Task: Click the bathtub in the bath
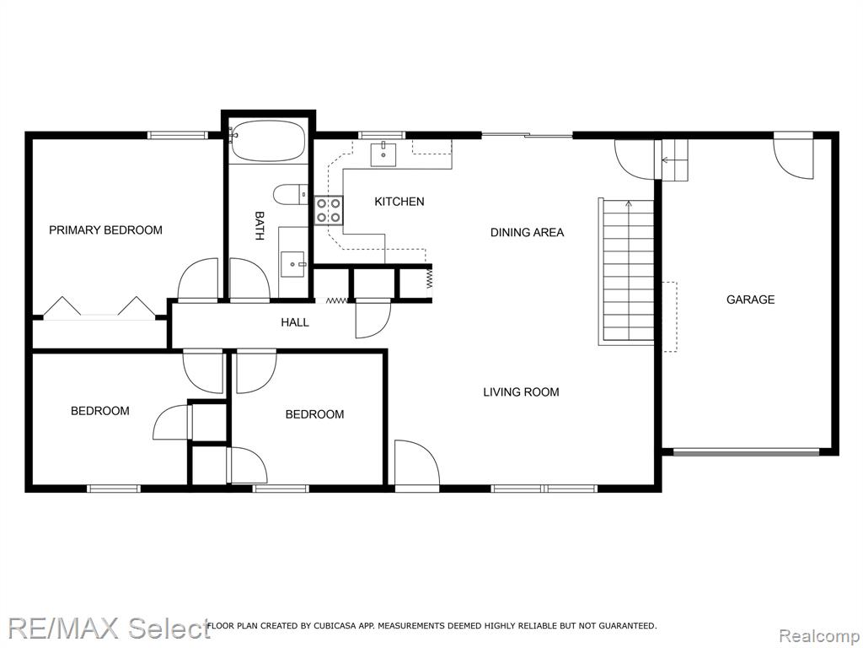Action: [x=268, y=141]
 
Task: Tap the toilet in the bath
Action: [x=291, y=194]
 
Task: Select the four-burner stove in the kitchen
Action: [x=329, y=210]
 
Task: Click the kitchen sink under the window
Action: [x=383, y=154]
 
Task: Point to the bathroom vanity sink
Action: [x=292, y=264]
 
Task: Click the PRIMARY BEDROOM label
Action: [x=105, y=229]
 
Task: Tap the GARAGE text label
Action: [x=750, y=300]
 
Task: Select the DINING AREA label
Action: [x=527, y=233]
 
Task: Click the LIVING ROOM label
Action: [x=521, y=392]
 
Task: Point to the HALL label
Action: [x=294, y=322]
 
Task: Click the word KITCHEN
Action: [x=399, y=202]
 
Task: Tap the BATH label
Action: [x=260, y=226]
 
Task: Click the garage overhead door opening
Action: [x=747, y=452]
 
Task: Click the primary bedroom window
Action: [x=177, y=135]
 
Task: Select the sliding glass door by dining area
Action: [x=528, y=135]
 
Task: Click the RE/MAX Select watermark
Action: [x=109, y=629]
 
